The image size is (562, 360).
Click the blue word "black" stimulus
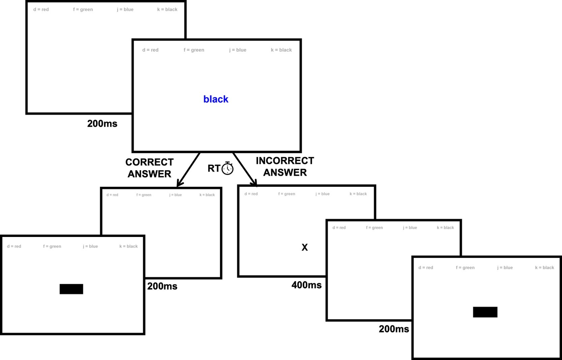pyautogui.click(x=216, y=99)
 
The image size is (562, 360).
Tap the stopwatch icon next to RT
pyautogui.click(x=227, y=168)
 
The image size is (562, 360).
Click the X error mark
pyautogui.click(x=305, y=248)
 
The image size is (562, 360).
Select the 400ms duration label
pyautogui.click(x=306, y=285)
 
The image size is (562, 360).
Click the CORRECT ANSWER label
pyautogui.click(x=149, y=168)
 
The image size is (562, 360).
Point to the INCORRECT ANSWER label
pyautogui.click(x=285, y=166)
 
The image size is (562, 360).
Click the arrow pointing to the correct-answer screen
pyautogui.click(x=188, y=170)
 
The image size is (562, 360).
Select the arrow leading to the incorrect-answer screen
pyautogui.click(x=245, y=170)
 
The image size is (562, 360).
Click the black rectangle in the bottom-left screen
pyautogui.click(x=71, y=289)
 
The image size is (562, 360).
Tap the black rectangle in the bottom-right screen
pyautogui.click(x=485, y=312)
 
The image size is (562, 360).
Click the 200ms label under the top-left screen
pyautogui.click(x=102, y=124)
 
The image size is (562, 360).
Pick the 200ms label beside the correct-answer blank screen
pyautogui.click(x=162, y=286)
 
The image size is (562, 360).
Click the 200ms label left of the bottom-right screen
pyautogui.click(x=394, y=329)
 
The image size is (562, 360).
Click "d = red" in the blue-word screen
pyautogui.click(x=150, y=50)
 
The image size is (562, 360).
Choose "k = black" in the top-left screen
pyautogui.click(x=167, y=10)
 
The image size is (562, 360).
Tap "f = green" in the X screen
pyautogui.click(x=286, y=194)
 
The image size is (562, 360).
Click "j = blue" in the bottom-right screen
pyautogui.click(x=505, y=268)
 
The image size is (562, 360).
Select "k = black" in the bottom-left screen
pyautogui.click(x=128, y=246)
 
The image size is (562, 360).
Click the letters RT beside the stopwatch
pyautogui.click(x=213, y=168)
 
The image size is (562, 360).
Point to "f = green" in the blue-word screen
pyautogui.click(x=194, y=50)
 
